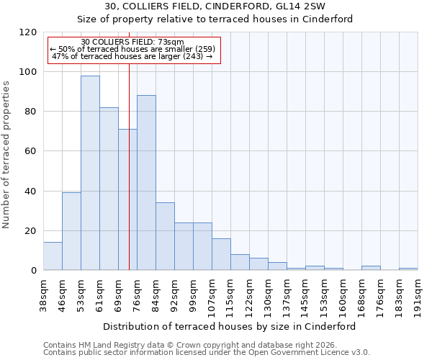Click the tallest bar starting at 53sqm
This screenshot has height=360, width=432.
[x=90, y=173]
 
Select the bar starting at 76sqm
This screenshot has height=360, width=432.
[x=146, y=183]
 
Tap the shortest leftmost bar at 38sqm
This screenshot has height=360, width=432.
[x=53, y=256]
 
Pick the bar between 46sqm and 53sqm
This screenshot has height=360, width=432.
[x=71, y=231]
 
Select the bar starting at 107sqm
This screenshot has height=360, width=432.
[x=221, y=254]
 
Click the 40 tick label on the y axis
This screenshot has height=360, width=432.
[x=32, y=192]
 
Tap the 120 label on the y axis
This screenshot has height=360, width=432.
[x=30, y=32]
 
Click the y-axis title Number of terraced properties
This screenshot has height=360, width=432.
[x=7, y=155]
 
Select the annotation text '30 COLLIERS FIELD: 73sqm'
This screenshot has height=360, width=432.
[x=132, y=42]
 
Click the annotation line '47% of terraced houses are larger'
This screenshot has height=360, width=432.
[x=132, y=56]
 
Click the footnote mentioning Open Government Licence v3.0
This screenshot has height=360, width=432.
[x=206, y=352]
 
